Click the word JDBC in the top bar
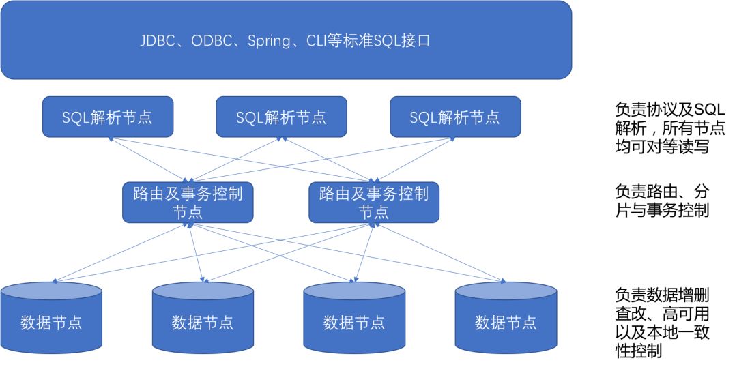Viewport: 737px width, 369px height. pos(158,41)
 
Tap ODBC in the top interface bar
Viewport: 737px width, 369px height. pos(212,41)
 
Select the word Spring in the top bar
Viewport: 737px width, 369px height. pos(269,42)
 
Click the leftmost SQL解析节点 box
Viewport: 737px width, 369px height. pos(108,117)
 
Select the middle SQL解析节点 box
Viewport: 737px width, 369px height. pos(281,117)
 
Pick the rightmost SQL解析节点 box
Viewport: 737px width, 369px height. pos(455,117)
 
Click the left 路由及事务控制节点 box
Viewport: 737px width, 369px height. pos(188,203)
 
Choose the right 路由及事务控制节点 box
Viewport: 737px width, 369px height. pos(374,203)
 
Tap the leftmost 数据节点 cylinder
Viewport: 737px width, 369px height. pos(51,318)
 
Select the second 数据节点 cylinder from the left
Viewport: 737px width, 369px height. pos(203,318)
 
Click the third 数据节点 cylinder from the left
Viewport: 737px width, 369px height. pos(354,318)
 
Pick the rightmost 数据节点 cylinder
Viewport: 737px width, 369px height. pos(506,318)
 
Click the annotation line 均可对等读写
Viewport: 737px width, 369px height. pos(662,147)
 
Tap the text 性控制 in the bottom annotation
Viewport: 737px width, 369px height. pos(638,351)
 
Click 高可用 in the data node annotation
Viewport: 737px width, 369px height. pos(685,314)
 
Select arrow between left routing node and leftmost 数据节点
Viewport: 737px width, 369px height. pos(120,253)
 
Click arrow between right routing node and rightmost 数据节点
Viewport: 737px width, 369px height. pos(439,253)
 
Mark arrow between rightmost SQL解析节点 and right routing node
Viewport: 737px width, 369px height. pos(414,160)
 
